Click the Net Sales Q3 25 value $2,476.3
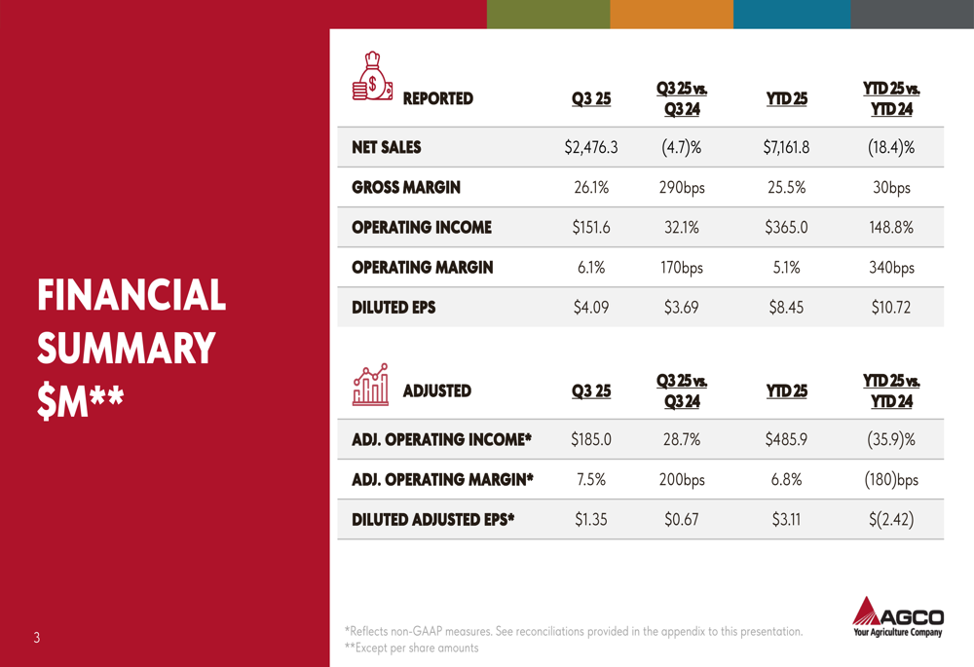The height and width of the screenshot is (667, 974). [x=591, y=148]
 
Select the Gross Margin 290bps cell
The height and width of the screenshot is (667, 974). [x=682, y=188]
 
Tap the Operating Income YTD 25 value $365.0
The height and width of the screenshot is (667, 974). [x=786, y=228]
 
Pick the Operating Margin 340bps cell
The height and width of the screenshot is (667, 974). [x=891, y=268]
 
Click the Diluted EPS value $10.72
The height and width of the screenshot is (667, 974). [x=891, y=308]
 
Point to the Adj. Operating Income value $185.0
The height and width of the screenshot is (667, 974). [x=591, y=440]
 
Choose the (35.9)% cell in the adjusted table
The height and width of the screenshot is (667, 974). [x=891, y=440]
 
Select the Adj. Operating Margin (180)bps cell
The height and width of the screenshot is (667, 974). [x=891, y=480]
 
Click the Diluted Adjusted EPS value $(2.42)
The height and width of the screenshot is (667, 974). [x=891, y=520]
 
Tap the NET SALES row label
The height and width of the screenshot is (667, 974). [x=387, y=148]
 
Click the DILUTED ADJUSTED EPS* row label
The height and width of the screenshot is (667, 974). [x=432, y=520]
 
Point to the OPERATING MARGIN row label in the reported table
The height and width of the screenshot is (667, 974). [x=422, y=268]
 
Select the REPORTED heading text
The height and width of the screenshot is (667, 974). [x=437, y=98]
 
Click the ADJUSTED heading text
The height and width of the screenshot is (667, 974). [x=436, y=391]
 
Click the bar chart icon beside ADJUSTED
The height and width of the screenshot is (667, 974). [x=370, y=385]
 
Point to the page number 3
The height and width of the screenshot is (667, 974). [x=36, y=639]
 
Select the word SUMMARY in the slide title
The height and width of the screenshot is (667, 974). [x=126, y=349]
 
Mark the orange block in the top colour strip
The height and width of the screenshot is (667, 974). [x=671, y=14]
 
